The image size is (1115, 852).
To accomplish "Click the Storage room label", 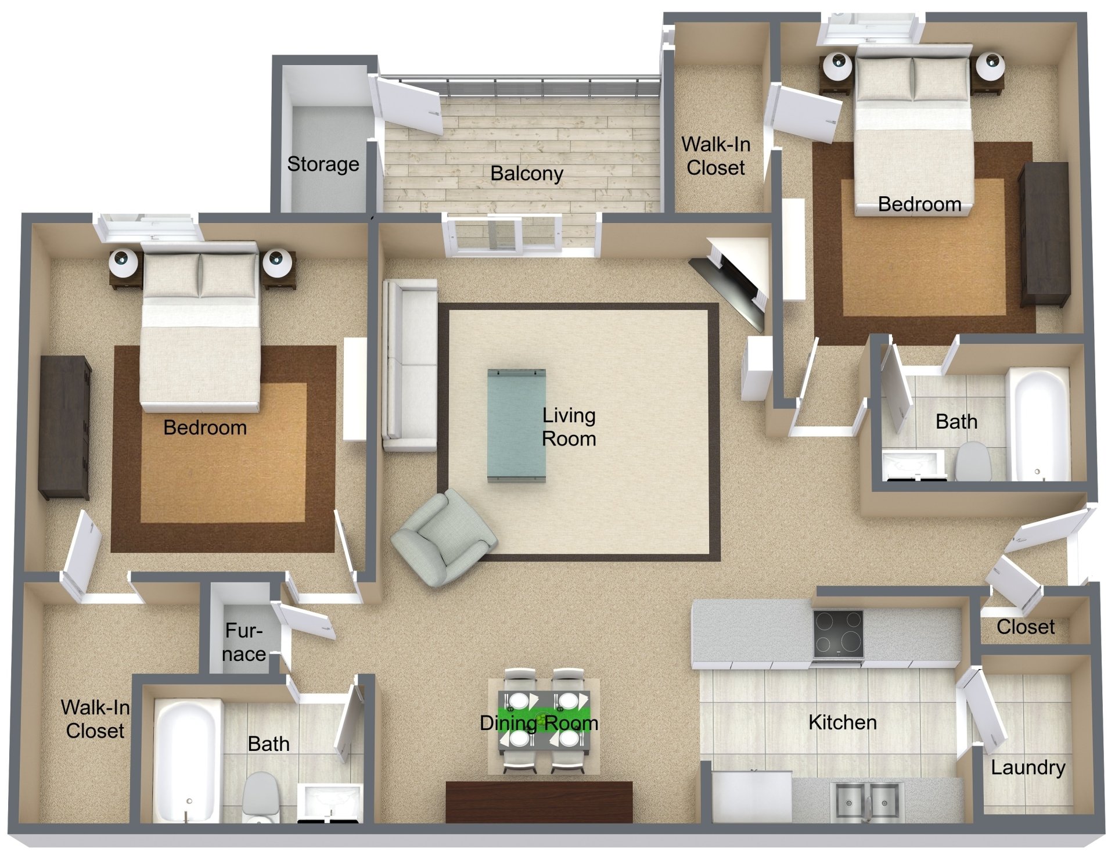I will pyautogui.click(x=323, y=164).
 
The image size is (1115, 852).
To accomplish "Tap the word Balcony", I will pyautogui.click(x=526, y=173).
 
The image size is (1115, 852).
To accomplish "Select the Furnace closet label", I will pyautogui.click(x=244, y=642).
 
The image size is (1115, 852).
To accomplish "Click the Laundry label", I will pyautogui.click(x=1027, y=767).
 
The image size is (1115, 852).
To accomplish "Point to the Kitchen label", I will pyautogui.click(x=842, y=722).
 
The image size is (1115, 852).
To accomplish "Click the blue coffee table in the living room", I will pyautogui.click(x=516, y=425).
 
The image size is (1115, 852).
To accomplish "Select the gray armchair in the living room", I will pyautogui.click(x=443, y=537).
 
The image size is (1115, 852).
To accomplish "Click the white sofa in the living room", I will pyautogui.click(x=410, y=365).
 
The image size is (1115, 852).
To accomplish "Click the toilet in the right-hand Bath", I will pyautogui.click(x=972, y=462).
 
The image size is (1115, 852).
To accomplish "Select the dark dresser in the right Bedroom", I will pyautogui.click(x=1044, y=233).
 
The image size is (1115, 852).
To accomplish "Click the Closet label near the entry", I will pyautogui.click(x=1025, y=627).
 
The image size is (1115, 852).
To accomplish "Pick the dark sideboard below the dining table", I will pyautogui.click(x=538, y=801).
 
